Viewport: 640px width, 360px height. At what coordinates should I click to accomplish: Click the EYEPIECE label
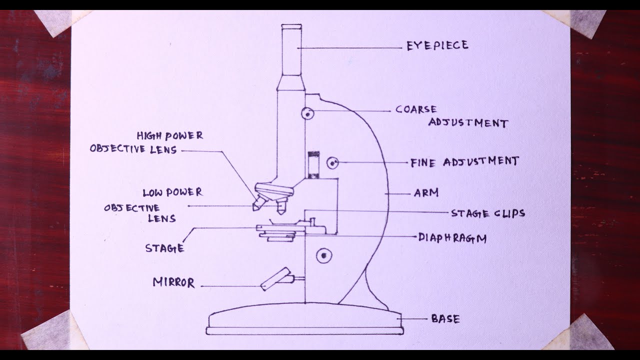click(437, 46)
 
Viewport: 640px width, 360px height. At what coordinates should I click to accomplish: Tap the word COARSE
click(416, 109)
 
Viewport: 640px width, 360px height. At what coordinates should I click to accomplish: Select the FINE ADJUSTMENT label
click(464, 162)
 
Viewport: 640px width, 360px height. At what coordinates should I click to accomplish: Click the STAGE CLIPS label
click(488, 213)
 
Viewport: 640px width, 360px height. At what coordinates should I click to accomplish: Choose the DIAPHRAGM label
click(452, 238)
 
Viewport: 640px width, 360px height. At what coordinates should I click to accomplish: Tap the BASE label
click(445, 318)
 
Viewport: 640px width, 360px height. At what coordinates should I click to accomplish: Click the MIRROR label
click(173, 282)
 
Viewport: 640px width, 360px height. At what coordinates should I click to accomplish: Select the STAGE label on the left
click(164, 248)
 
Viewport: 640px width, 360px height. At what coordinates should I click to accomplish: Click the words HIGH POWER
click(170, 136)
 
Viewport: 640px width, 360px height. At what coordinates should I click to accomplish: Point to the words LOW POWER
click(172, 192)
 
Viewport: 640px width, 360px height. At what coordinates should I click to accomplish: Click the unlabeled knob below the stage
click(324, 256)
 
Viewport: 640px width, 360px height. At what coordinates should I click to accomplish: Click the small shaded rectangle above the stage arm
click(314, 153)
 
